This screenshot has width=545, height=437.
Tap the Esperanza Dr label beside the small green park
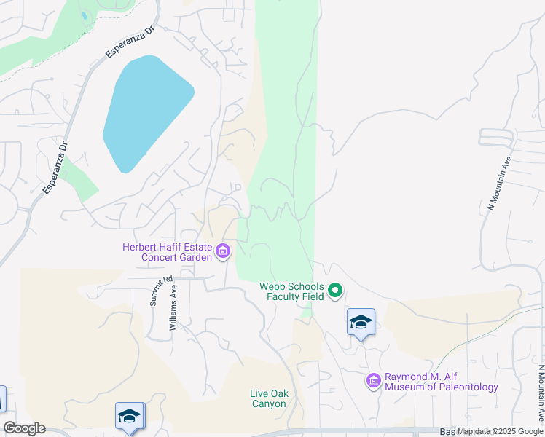[55, 168]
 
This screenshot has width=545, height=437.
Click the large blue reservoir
[146, 113]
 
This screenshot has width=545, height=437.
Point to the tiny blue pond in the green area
[85, 15]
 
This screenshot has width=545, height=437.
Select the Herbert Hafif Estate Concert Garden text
[168, 252]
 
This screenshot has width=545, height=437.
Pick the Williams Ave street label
[173, 307]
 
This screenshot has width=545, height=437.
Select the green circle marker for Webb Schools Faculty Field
[335, 291]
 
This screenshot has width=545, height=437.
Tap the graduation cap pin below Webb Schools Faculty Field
[361, 323]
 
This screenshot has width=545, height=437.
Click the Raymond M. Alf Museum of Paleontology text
[441, 382]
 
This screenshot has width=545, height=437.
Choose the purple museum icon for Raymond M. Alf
[373, 380]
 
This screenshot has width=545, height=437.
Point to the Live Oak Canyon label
[269, 399]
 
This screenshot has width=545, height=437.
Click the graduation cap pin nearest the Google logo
[129, 416]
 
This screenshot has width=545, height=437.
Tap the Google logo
[24, 428]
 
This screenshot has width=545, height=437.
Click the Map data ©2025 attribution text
[501, 431]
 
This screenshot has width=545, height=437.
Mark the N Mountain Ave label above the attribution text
[540, 393]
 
